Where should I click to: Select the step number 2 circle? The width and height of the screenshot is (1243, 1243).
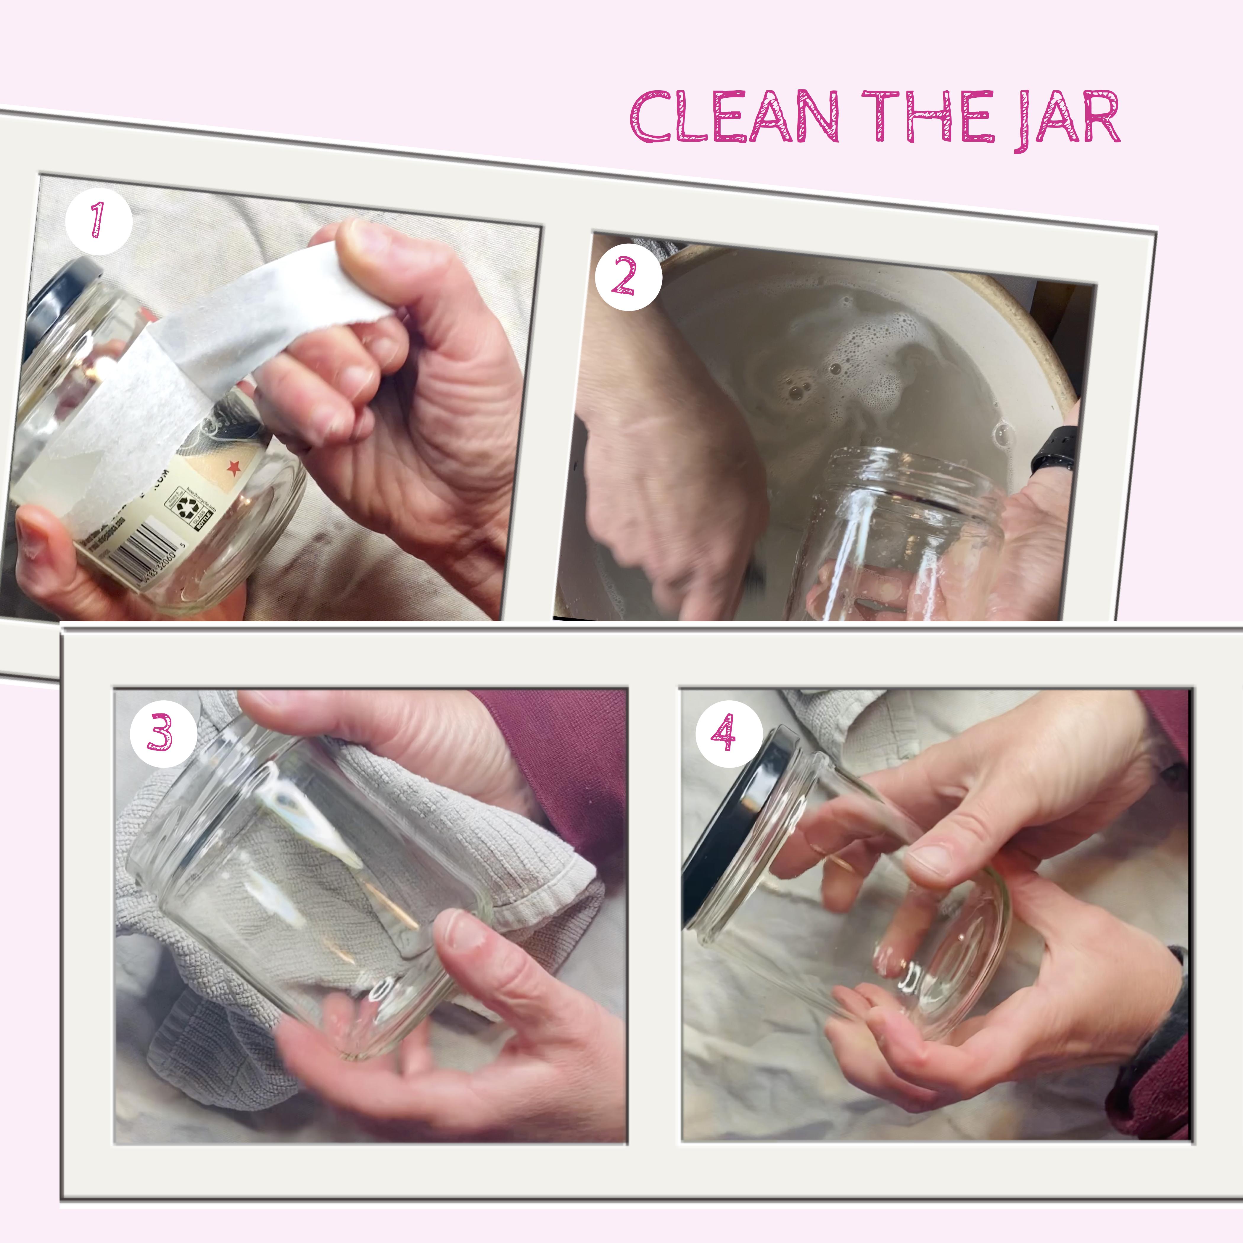click(x=628, y=277)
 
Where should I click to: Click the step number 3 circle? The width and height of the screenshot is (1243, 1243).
click(x=163, y=733)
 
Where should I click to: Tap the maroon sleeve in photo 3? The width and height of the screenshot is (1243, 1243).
click(x=566, y=746)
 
